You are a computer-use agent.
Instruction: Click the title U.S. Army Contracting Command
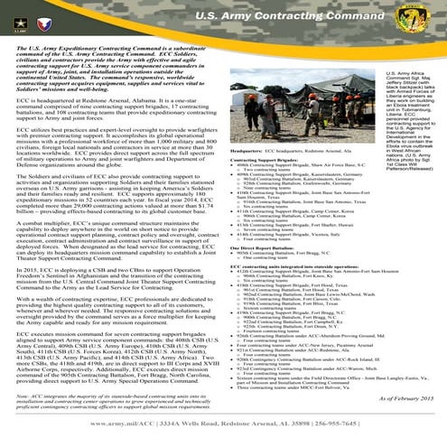tap(288, 15)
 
